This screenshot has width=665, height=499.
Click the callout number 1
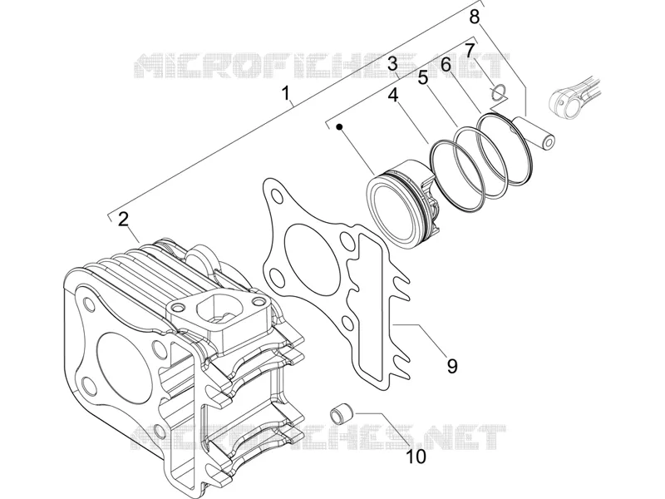pos(287,92)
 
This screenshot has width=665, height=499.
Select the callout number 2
pos(123,220)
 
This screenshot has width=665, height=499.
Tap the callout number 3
pos(392,64)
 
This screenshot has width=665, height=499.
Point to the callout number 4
pos(393,95)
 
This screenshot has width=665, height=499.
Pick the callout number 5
pos(423,78)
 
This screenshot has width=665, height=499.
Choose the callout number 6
pos(446,65)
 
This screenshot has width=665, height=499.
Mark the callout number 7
pos(469,51)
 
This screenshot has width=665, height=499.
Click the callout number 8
pos(474,17)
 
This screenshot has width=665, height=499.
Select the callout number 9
pos(452,365)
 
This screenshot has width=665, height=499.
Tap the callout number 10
pos(416,457)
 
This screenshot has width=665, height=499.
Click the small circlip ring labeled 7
pos(498,91)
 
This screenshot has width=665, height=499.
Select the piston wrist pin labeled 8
pos(534,132)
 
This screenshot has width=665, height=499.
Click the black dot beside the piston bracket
pos(339,126)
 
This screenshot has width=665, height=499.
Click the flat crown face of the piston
pos(390,212)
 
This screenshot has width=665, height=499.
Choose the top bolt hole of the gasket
pos(278,196)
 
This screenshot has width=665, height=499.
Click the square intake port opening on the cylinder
pos(215,309)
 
